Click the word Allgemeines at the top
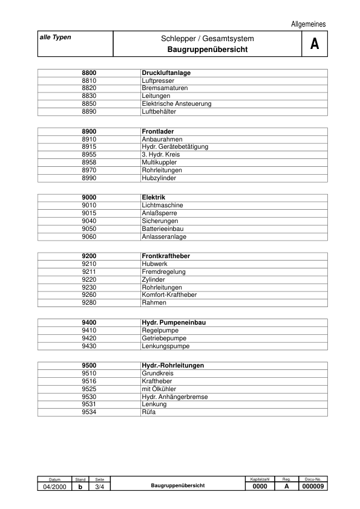click(309, 24)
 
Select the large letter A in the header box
click(314, 44)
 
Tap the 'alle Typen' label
click(56, 37)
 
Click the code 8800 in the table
click(89, 73)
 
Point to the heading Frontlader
click(157, 131)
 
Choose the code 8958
click(89, 163)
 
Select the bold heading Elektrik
click(154, 198)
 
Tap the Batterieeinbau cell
click(163, 229)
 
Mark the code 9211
click(89, 272)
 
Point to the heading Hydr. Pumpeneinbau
click(174, 323)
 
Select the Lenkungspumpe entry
click(165, 346)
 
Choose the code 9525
click(89, 389)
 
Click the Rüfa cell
click(149, 412)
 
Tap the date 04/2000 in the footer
click(54, 487)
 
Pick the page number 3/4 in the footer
click(100, 487)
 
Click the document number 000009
click(313, 487)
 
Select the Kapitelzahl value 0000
click(260, 487)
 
